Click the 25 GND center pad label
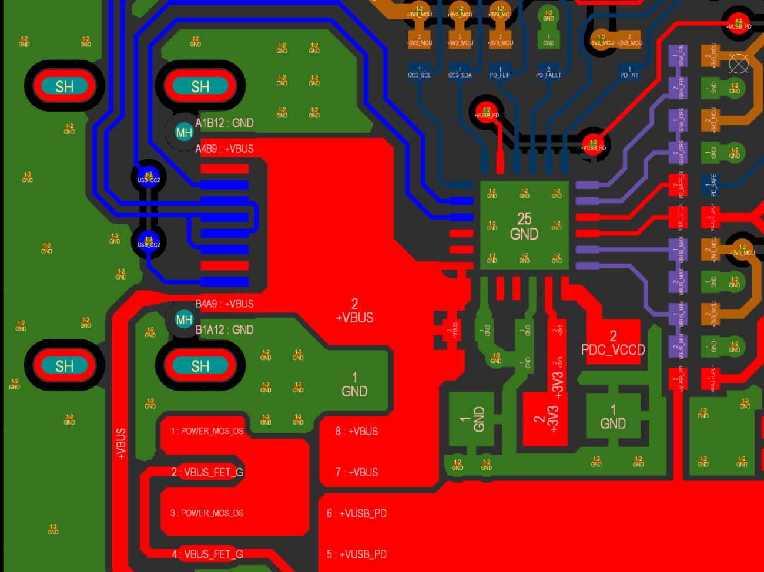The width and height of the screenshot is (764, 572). click(524, 227)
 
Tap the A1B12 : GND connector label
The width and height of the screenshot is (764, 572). click(224, 123)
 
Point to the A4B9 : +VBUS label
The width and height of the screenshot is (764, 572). click(224, 149)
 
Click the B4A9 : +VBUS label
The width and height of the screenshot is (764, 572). click(224, 304)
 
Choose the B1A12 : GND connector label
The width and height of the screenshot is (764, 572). click(224, 329)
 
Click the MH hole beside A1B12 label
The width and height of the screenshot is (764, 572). click(184, 132)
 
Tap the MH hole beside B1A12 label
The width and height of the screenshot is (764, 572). click(184, 319)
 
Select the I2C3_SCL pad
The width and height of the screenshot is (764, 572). click(419, 72)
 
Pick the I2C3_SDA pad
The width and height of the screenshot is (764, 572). click(460, 72)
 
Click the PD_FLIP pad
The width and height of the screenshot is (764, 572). click(500, 72)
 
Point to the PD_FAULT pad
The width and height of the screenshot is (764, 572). click(548, 72)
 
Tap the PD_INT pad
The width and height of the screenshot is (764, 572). click(629, 72)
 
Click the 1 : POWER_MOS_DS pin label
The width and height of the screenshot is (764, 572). click(207, 431)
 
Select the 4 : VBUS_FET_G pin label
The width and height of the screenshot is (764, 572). click(207, 554)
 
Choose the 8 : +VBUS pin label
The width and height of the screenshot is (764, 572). click(356, 431)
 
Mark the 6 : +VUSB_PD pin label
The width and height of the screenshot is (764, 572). click(356, 513)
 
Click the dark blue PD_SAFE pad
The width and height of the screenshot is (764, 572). click(709, 184)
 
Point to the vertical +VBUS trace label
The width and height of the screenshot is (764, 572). click(120, 443)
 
